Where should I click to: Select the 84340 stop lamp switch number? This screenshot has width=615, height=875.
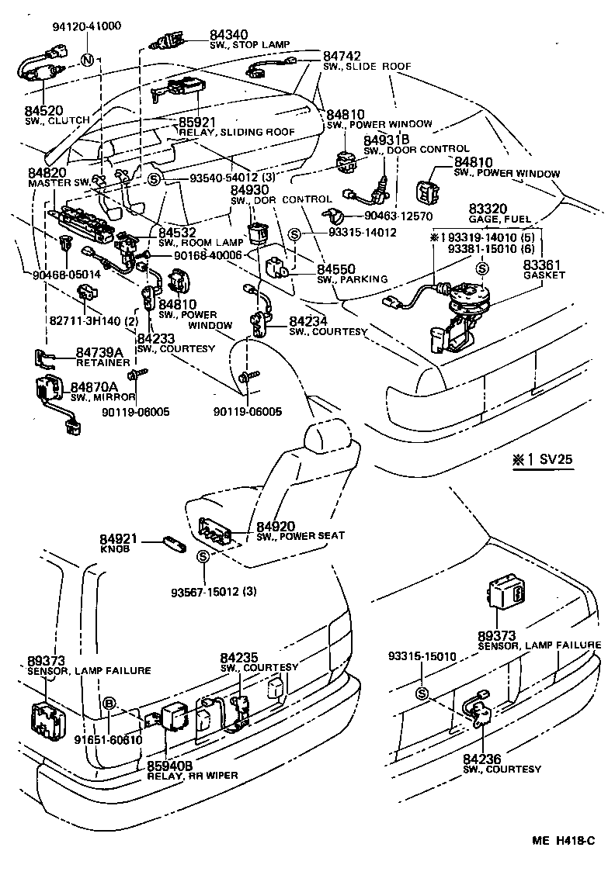pyautogui.click(x=228, y=34)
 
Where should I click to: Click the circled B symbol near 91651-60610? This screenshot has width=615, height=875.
pyautogui.click(x=109, y=703)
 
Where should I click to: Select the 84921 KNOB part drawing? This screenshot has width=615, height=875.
pyautogui.click(x=172, y=542)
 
